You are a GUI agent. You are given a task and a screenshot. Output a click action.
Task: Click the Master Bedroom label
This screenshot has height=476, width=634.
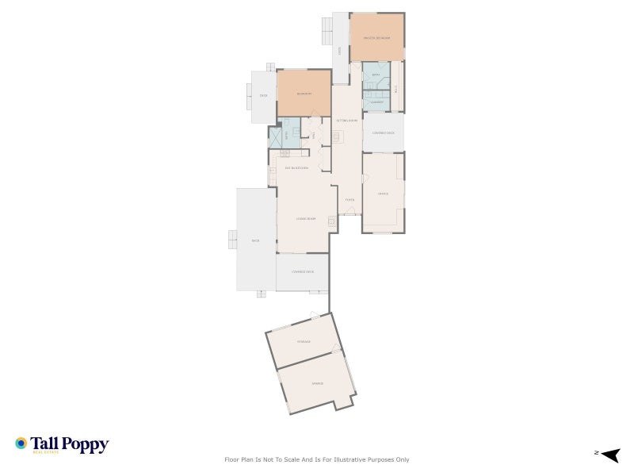click(377, 37)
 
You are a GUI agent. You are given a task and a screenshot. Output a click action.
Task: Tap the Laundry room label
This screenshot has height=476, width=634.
click(377, 102)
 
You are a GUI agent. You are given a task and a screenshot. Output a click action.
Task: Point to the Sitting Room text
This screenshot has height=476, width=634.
click(347, 121)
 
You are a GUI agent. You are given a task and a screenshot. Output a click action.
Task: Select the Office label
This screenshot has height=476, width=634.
click(383, 193)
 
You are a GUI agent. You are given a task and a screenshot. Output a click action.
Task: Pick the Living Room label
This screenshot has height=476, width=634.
click(306, 218)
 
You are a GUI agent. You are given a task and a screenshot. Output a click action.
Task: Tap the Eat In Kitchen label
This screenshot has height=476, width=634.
click(296, 168)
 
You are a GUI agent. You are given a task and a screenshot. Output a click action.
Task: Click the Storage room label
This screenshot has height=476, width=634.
click(304, 341)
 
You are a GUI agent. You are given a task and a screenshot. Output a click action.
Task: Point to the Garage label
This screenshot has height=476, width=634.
click(316, 383)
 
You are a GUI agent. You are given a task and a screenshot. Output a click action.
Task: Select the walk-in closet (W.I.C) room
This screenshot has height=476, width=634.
click(395, 86)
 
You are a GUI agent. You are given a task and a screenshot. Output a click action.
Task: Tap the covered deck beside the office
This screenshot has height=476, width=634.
click(384, 132)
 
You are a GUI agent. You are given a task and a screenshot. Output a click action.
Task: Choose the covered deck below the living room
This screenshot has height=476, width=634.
click(303, 272)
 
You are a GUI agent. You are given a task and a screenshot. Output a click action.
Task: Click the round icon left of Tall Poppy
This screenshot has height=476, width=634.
click(21, 443)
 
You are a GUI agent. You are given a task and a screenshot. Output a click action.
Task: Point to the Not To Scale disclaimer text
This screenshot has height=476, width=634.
click(317, 459)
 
